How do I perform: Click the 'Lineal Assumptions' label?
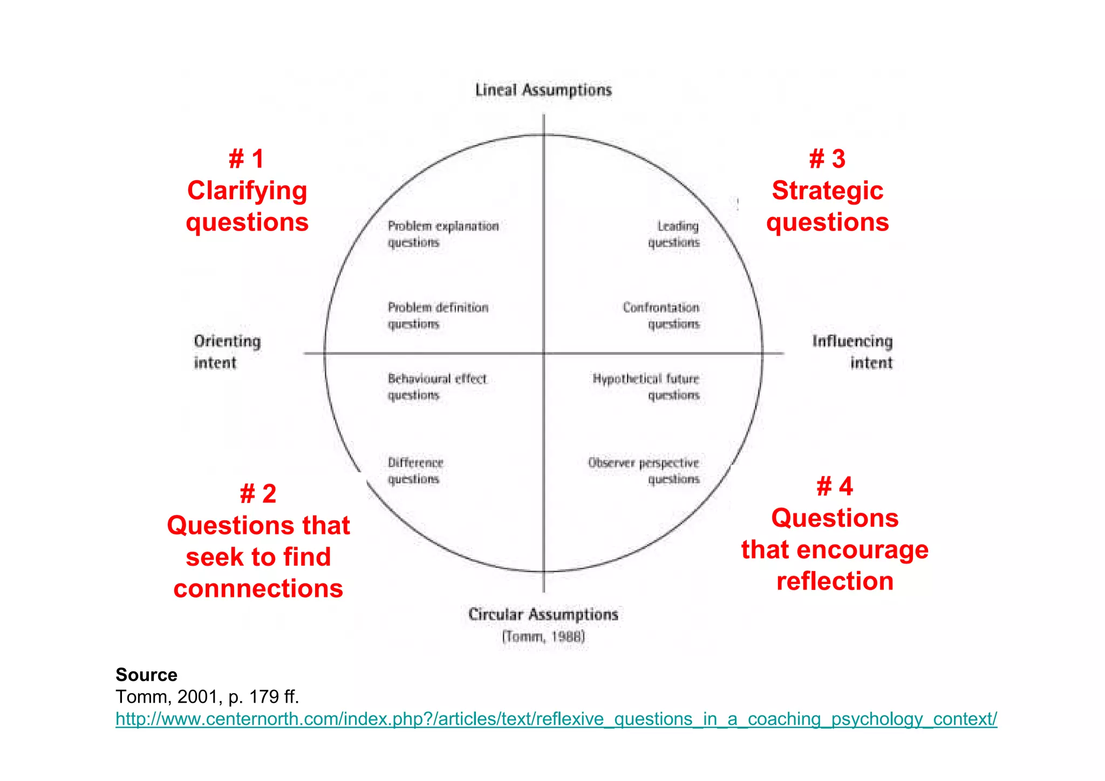pos(543,90)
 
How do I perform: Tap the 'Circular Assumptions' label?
pos(543,615)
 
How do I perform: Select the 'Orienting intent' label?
pos(227,351)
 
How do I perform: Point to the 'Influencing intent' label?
pos(853,351)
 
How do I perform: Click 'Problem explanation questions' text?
pos(442,234)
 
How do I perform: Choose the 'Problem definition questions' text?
pos(438,315)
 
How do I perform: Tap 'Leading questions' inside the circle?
pos(674,234)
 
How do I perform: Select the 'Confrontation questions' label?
pos(661,315)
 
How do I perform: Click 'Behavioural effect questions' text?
pos(436,386)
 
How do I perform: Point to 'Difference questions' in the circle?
pos(415,471)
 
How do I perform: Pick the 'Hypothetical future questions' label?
pos(646,386)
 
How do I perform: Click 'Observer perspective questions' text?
pos(644,471)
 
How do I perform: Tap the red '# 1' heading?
pos(247,159)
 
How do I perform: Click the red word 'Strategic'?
pos(827,191)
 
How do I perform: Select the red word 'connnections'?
pos(258,588)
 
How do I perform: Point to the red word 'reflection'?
pos(835,581)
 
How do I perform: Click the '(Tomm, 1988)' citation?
pos(543,637)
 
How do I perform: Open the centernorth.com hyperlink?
pos(556,719)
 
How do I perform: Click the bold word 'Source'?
pos(146,675)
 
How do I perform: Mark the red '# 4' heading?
pos(835,486)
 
